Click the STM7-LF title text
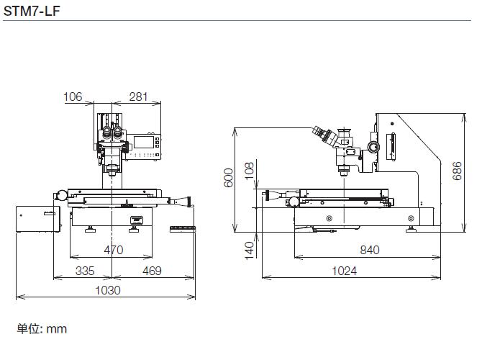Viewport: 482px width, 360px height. tap(32, 11)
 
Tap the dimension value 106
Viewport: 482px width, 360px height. tap(73, 96)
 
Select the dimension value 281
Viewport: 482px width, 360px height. tap(138, 96)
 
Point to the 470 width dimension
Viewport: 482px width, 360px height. tap(114, 250)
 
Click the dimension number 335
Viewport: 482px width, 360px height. tap(85, 271)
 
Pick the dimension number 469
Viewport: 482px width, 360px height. tap(152, 271)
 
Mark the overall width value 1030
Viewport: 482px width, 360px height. tap(108, 290)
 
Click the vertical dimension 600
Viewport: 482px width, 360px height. tap(228, 178)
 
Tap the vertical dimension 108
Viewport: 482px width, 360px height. tap(250, 171)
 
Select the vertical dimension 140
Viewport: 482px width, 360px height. tap(250, 250)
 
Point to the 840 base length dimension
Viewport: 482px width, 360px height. tap(370, 250)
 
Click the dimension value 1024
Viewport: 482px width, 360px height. tap(345, 271)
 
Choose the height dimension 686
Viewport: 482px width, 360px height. tap(457, 171)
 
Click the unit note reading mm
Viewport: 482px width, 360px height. tap(57, 329)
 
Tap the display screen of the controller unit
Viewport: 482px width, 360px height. tap(143, 142)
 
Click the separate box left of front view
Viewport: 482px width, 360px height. tap(38, 219)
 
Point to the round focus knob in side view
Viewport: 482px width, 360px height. tap(373, 147)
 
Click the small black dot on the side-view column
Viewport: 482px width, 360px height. tap(392, 124)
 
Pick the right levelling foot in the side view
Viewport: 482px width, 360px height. tap(411, 229)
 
